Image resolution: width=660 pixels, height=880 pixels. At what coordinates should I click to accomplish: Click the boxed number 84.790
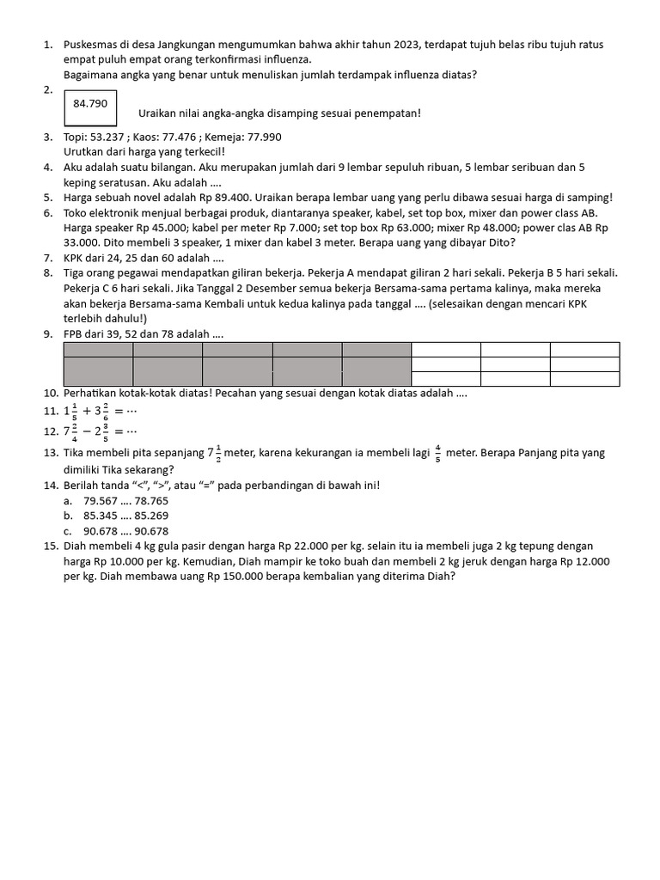(x=90, y=103)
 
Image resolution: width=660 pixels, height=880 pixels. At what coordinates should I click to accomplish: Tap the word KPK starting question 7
(x=75, y=258)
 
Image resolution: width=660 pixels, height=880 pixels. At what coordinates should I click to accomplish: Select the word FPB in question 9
(x=75, y=334)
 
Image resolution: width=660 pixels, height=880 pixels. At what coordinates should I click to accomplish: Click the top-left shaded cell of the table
(x=98, y=349)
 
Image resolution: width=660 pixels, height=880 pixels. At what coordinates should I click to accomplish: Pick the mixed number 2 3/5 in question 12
(x=100, y=431)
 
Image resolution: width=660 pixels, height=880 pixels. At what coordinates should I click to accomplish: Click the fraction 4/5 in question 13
(x=437, y=452)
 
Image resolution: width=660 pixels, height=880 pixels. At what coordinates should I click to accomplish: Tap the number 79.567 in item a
(x=103, y=500)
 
